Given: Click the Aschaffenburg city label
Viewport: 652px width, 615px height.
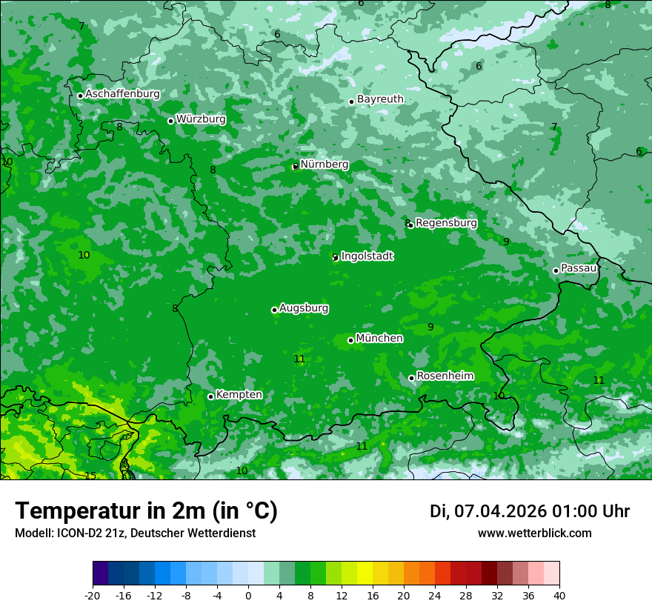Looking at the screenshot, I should pos(122,94).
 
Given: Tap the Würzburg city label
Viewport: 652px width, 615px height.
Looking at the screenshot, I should pos(201,119).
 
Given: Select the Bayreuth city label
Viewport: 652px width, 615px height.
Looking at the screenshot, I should pos(380,99).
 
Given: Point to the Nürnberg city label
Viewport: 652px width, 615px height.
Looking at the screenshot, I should pos(325,164).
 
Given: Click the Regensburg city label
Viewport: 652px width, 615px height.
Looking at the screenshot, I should pos(446,223).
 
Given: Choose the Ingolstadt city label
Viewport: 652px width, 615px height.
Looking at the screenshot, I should pos(367,256).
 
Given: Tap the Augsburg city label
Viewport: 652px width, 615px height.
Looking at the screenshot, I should pos(304,308).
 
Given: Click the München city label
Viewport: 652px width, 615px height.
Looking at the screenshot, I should pos(379,339).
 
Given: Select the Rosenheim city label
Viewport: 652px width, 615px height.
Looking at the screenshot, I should pos(445,376).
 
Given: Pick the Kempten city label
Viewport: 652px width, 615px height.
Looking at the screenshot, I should pos(239,395).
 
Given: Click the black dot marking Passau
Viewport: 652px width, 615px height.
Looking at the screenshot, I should pos(556,270).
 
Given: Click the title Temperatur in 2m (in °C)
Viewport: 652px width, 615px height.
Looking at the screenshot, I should pos(146,511).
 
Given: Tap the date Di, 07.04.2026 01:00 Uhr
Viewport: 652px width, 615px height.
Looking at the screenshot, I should pos(530,511).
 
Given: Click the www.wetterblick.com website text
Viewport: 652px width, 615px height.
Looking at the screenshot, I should pos(534,533).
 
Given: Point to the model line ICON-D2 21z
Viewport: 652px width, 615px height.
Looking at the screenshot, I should pos(135,533).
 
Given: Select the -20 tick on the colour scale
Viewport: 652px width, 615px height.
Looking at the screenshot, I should pos(93,595).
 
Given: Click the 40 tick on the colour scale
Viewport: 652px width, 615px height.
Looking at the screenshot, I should pos(559,595).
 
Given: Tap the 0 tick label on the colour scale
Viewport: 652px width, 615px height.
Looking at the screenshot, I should pos(248,595).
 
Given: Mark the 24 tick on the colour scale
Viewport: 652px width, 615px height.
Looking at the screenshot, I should pos(435,595).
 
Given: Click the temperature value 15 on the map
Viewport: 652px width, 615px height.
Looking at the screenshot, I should pos(90,476).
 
